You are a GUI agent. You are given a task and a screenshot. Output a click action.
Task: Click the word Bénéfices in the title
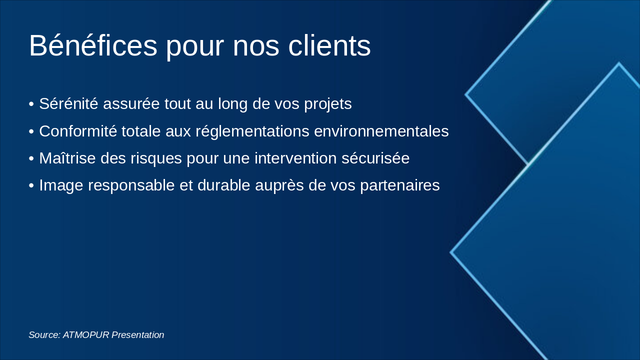click(x=93, y=46)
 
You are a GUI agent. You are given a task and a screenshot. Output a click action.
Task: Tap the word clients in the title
click(x=329, y=46)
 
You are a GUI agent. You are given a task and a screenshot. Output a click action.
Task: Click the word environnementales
click(x=381, y=131)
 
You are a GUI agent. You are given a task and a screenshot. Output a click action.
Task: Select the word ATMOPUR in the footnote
click(x=86, y=335)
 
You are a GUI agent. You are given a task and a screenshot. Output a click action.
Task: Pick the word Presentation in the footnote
click(x=138, y=335)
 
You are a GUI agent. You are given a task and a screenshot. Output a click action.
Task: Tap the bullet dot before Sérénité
click(x=31, y=104)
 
